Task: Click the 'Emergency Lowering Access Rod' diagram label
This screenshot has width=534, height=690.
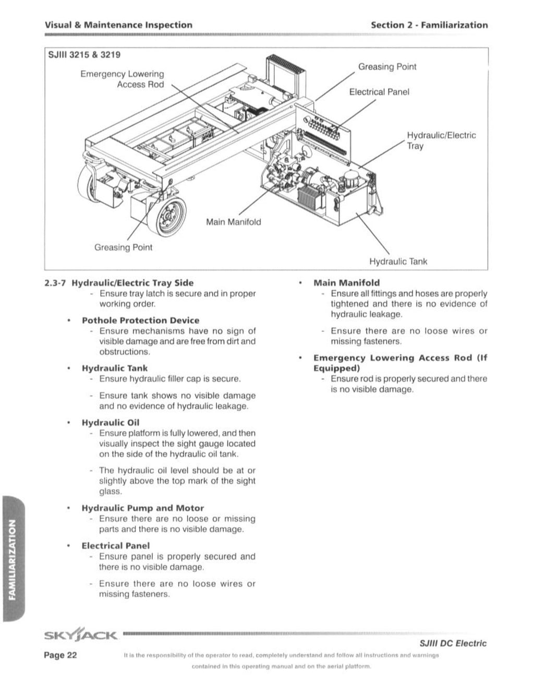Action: [122, 79]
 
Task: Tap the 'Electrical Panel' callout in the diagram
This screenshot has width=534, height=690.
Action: [379, 92]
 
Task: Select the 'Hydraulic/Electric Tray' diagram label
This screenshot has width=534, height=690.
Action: [441, 140]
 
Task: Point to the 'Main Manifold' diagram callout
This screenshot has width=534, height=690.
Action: [233, 222]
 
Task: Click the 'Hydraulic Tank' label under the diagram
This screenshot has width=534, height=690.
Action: [398, 261]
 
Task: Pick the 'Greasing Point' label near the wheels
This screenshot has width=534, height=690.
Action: [123, 247]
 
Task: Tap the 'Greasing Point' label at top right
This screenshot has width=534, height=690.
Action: [387, 67]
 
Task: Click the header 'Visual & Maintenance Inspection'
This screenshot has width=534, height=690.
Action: [118, 25]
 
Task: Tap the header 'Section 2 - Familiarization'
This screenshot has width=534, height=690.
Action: [429, 25]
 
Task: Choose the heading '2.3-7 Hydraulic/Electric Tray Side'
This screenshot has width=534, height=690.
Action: [119, 283]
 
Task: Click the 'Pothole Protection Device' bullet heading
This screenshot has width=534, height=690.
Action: [140, 320]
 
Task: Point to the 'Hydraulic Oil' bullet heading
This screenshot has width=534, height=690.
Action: [110, 423]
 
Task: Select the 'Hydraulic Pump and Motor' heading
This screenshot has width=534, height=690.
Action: [142, 508]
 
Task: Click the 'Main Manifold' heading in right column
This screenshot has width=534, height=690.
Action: [346, 283]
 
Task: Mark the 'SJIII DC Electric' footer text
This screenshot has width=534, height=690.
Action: [453, 644]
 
